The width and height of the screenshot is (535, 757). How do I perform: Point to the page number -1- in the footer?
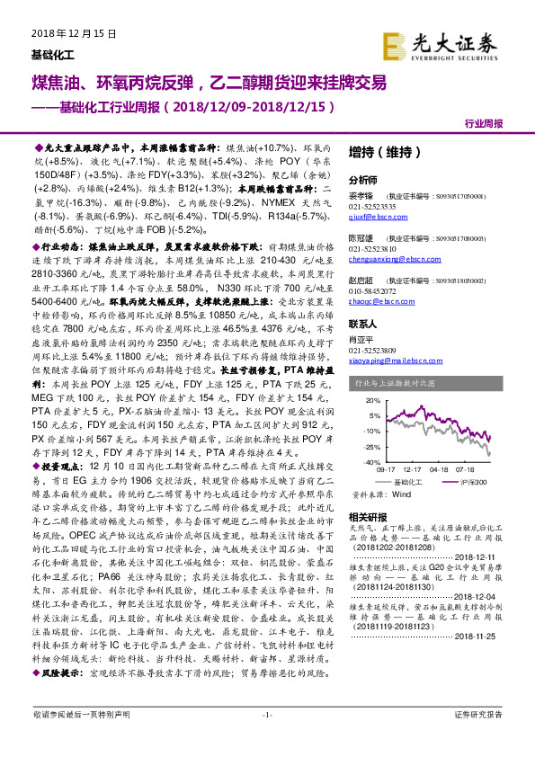click(x=266, y=739)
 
